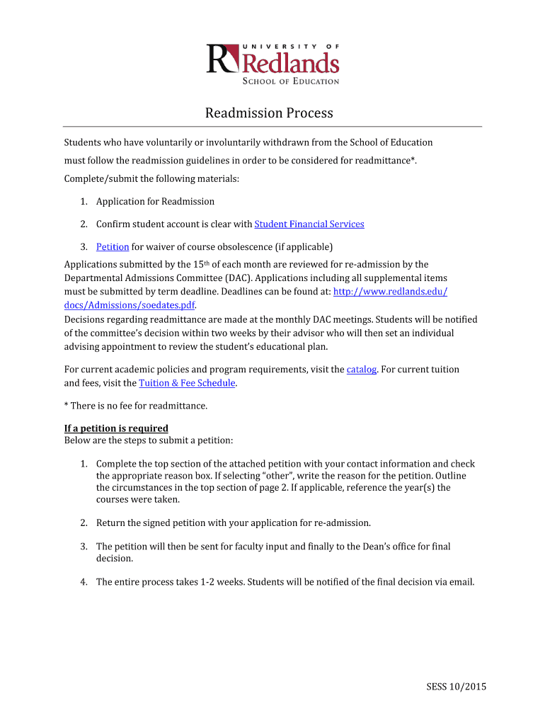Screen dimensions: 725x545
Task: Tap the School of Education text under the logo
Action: (x=291, y=81)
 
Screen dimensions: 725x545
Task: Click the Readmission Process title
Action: (x=269, y=113)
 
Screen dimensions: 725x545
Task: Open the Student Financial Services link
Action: (x=309, y=224)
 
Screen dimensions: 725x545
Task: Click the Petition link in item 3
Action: (x=113, y=247)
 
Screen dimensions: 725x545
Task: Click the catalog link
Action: (x=362, y=370)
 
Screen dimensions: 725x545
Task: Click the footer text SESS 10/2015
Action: (x=456, y=687)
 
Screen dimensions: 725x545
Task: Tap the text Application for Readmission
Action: (x=155, y=202)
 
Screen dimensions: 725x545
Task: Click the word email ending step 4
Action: (x=459, y=582)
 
